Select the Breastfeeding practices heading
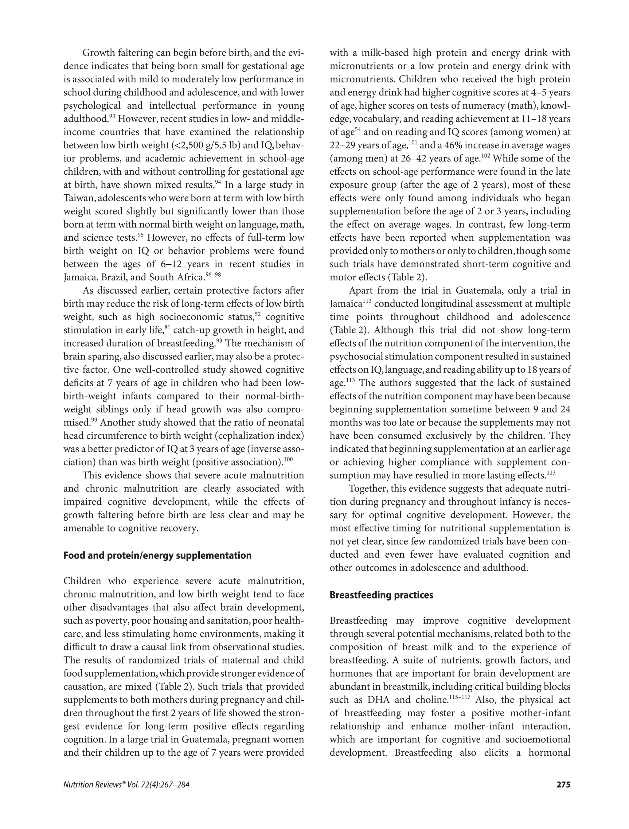coord(381,595)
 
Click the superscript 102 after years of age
coord(486,156)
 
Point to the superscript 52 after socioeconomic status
coord(258,314)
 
